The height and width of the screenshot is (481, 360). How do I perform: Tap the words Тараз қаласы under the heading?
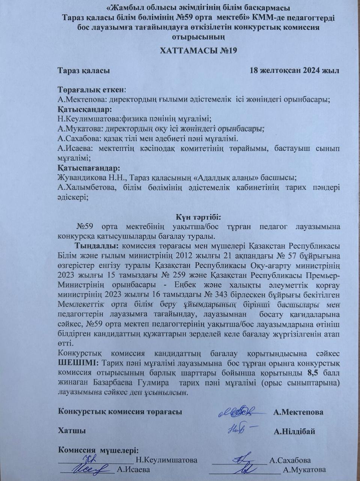[84, 70]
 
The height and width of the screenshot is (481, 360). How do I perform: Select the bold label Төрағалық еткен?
[91, 90]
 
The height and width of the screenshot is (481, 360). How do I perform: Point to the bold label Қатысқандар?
[85, 110]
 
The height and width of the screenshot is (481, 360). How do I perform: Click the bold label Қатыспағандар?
[89, 168]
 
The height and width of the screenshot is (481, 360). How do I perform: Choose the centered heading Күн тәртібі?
[199, 217]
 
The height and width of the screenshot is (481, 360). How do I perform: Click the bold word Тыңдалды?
[97, 247]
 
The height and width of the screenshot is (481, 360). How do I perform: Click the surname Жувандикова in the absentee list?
[80, 177]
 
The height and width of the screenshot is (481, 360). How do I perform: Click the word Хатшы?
[71, 431]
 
